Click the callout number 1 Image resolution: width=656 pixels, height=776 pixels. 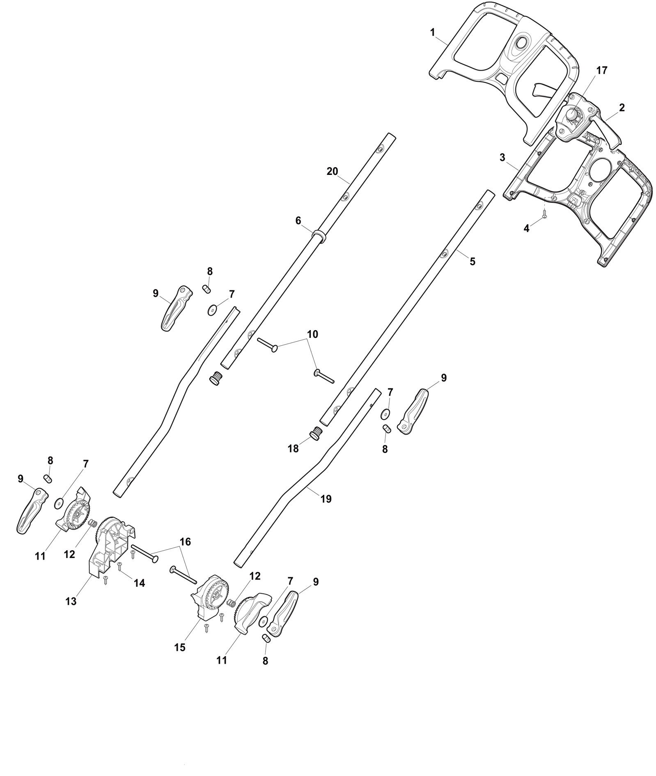click(432, 32)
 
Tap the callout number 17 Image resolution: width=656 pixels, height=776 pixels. click(601, 71)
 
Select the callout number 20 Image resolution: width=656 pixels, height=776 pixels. click(332, 172)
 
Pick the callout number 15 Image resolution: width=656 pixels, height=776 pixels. click(180, 647)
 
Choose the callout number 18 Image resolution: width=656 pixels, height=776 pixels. click(293, 449)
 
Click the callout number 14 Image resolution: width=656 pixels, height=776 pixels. click(140, 583)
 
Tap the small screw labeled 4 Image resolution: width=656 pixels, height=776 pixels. click(544, 212)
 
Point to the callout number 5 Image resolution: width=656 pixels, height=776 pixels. click(473, 261)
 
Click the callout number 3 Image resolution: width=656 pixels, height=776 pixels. click(502, 158)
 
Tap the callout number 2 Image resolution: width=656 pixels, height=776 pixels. click(622, 108)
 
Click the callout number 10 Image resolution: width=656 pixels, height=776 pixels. click(312, 334)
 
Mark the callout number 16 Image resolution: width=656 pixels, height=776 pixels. click(185, 542)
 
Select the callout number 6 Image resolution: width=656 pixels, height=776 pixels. click(298, 220)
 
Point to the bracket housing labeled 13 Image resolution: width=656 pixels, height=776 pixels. click(112, 546)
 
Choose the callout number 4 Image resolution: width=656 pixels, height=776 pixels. click(527, 229)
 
